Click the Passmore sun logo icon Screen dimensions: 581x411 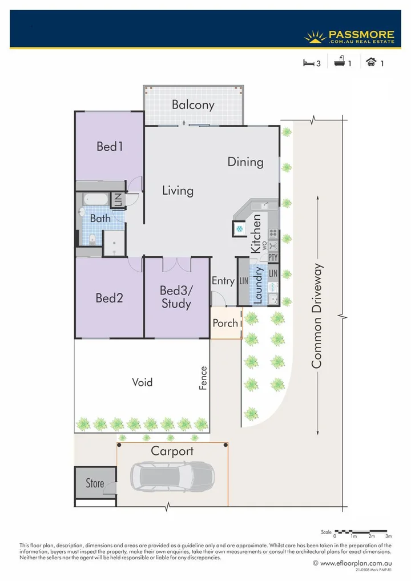click(315, 37)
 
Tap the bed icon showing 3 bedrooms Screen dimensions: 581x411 click(308, 63)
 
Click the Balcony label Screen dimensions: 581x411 click(193, 105)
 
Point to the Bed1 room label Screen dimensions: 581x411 click(110, 147)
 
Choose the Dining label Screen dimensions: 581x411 click(245, 162)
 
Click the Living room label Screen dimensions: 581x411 click(178, 191)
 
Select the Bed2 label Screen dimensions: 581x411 click(110, 298)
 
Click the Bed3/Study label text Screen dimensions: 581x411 click(176, 297)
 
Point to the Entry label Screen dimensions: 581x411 click(223, 281)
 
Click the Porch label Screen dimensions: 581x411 click(225, 323)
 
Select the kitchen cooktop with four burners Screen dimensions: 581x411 click(273, 233)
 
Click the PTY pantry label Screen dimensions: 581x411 click(273, 257)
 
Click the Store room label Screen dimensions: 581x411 click(95, 483)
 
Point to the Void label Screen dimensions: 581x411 click(142, 382)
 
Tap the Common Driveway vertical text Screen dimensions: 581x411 click(317, 316)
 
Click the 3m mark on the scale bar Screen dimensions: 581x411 click(389, 536)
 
